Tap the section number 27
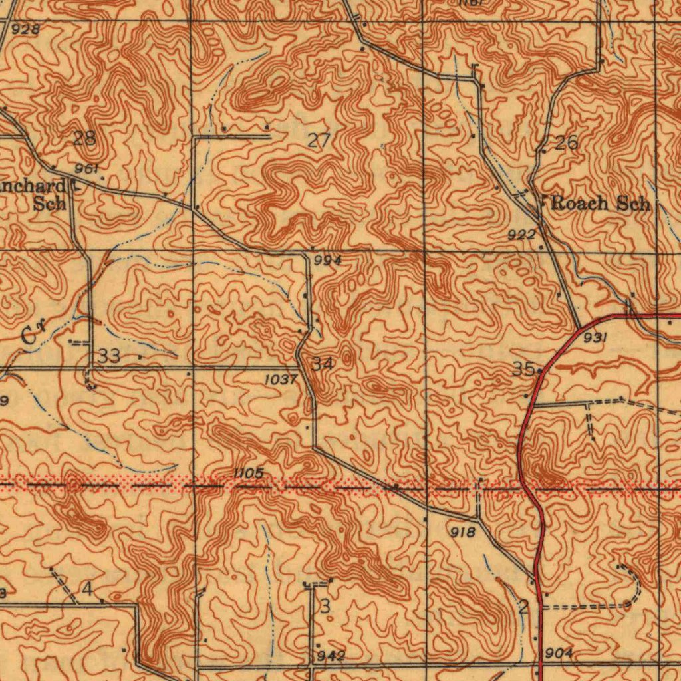click(x=319, y=140)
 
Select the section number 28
click(x=84, y=138)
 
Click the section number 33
click(x=109, y=356)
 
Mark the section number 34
click(x=323, y=364)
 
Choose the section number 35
click(x=523, y=369)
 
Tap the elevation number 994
click(x=328, y=261)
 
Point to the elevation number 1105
click(x=249, y=473)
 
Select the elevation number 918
click(x=462, y=532)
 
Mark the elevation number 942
click(x=331, y=656)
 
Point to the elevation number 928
click(x=25, y=29)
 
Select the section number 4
click(x=88, y=589)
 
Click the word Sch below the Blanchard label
click(x=49, y=204)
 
